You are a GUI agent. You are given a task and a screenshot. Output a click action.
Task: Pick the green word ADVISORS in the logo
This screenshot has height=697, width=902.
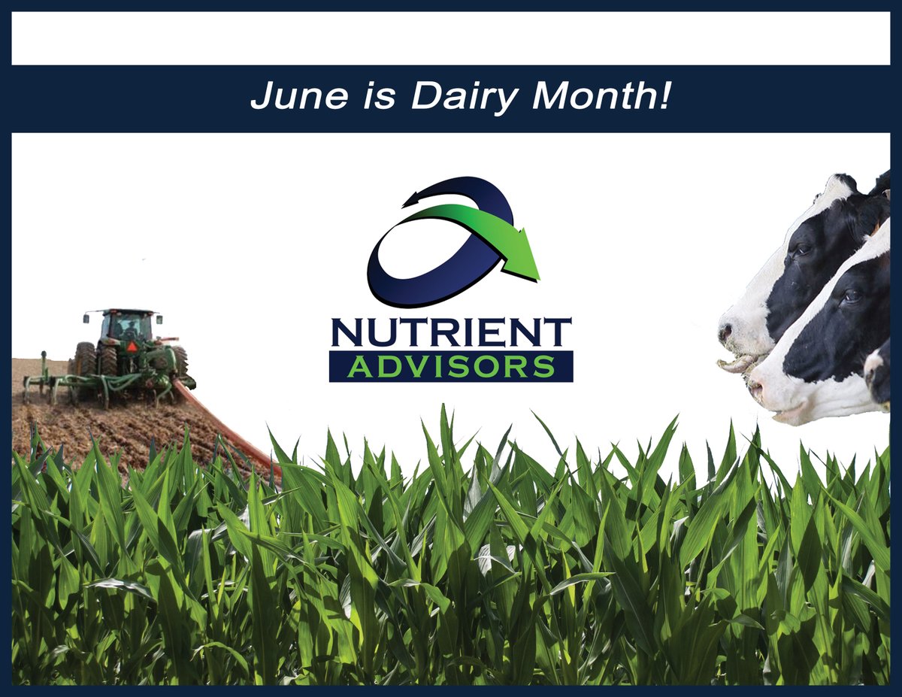[x=451, y=367]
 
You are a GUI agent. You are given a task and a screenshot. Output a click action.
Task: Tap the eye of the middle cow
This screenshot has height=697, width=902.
[x=851, y=296]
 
